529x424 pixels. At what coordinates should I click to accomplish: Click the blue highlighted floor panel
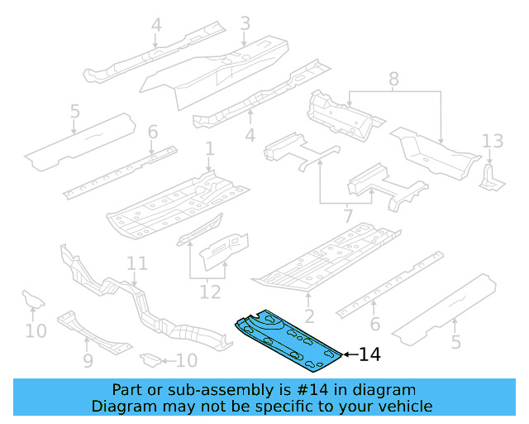coord(289,340)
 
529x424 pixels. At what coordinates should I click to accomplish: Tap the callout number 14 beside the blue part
coord(370,354)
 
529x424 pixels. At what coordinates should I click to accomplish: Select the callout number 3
coord(245,24)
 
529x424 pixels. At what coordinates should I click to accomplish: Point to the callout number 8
coord(393,79)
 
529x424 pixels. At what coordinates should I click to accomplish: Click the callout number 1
coord(210,149)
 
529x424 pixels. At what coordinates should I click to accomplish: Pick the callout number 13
coord(492,141)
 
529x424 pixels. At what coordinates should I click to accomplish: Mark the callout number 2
coord(308,316)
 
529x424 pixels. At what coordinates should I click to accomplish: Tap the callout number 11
coord(137,263)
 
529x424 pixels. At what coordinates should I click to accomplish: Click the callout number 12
coord(210,291)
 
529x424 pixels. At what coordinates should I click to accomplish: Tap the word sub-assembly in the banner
coord(199,390)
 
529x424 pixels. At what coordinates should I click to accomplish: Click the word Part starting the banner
coord(128,390)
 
